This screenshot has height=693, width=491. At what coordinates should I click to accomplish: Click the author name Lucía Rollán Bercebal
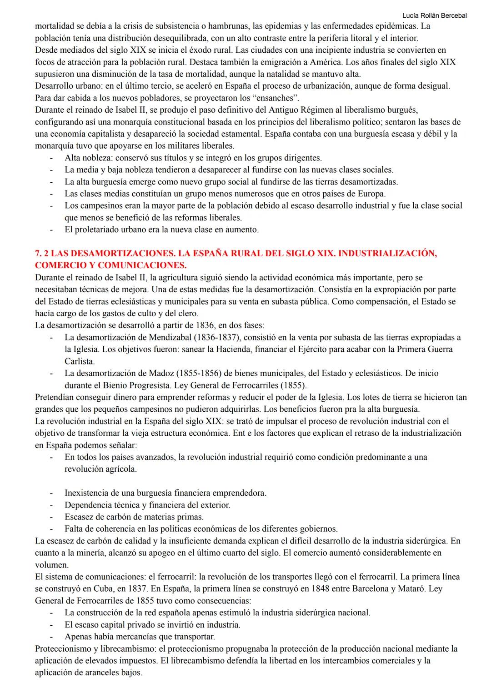(435, 15)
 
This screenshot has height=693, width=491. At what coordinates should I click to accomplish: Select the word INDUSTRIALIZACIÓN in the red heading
(387, 253)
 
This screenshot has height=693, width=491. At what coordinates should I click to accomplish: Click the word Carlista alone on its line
(80, 361)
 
